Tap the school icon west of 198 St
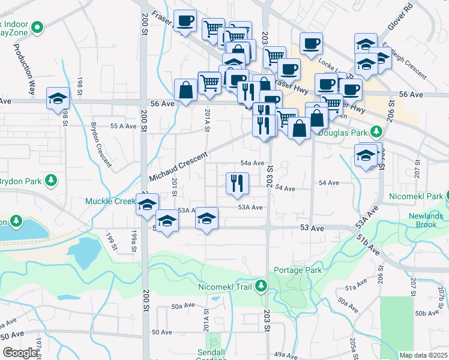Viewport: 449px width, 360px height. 58,98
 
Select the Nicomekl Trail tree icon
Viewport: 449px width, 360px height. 261,286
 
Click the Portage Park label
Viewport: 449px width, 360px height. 298,270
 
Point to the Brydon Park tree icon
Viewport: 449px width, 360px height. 52,180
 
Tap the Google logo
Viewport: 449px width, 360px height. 20,353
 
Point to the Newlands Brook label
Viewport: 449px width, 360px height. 426,220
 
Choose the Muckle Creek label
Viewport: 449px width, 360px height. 110,201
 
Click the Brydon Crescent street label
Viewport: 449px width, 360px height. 101,144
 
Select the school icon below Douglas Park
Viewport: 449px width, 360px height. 366,155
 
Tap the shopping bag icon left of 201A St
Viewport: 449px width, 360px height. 185,90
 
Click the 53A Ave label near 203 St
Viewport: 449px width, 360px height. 250,208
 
